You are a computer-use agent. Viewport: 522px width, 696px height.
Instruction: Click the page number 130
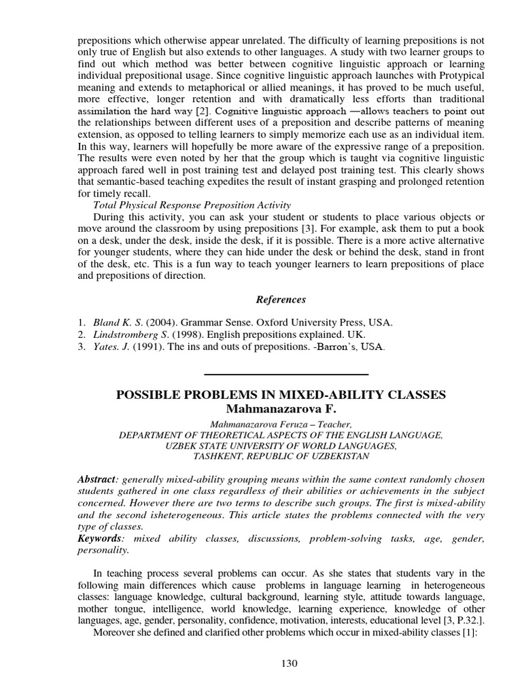point(289,664)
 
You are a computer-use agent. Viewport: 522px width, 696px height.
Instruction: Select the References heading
point(281,300)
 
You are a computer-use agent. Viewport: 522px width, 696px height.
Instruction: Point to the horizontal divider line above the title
point(285,375)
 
